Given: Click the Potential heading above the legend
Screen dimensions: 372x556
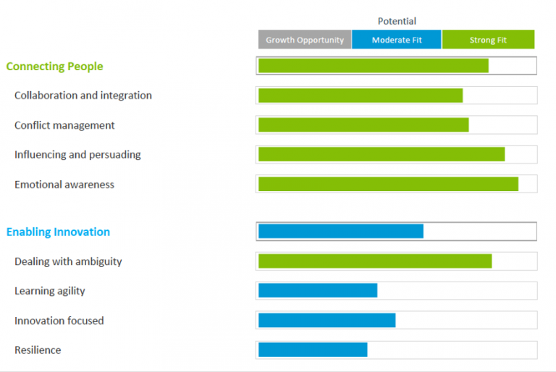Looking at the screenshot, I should (x=397, y=21).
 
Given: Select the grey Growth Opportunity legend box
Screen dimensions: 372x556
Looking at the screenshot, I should (x=305, y=40).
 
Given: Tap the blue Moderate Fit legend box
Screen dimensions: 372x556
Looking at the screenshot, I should (x=397, y=40).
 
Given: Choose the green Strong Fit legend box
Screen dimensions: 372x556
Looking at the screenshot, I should (x=488, y=40).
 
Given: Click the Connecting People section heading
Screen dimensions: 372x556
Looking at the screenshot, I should (x=54, y=67).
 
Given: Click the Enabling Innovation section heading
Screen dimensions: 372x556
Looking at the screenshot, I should (x=58, y=232).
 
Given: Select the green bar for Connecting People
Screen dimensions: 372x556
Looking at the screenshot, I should (x=373, y=66).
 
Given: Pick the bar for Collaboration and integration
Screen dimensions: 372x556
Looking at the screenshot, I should (x=360, y=96).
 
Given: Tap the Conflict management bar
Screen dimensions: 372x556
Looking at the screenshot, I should (x=363, y=125).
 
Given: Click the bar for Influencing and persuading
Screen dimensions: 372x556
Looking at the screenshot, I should (x=381, y=154).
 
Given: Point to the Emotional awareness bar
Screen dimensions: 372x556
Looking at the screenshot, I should (x=388, y=184).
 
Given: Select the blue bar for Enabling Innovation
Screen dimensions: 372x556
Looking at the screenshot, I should (x=340, y=232).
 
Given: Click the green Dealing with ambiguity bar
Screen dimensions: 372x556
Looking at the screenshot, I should (x=375, y=261).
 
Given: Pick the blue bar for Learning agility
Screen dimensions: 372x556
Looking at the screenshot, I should (x=318, y=291).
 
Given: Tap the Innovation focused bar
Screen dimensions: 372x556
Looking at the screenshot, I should (x=327, y=321).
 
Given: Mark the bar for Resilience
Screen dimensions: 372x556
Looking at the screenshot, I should (x=313, y=350).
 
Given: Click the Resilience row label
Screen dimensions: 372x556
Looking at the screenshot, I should (x=38, y=350).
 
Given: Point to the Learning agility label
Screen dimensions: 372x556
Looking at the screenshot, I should (x=49, y=291).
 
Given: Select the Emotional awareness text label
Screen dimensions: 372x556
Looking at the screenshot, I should (x=64, y=185).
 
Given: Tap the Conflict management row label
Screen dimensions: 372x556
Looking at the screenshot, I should (x=64, y=125).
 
